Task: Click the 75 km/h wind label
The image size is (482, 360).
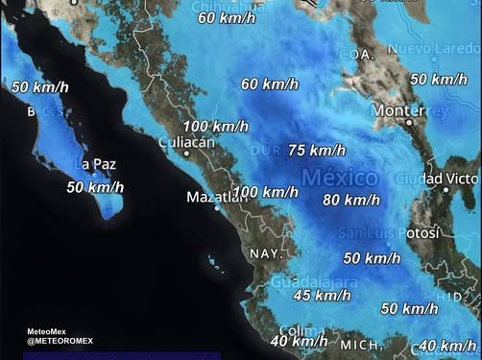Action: coord(316,150)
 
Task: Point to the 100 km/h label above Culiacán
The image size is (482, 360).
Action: coord(215,127)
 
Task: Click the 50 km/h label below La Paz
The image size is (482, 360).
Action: coord(95,187)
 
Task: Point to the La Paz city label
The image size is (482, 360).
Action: coord(98,164)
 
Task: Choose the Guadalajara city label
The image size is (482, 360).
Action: coord(311,282)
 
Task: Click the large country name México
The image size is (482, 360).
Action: coord(345,178)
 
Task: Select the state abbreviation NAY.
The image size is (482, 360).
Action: coord(264,252)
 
